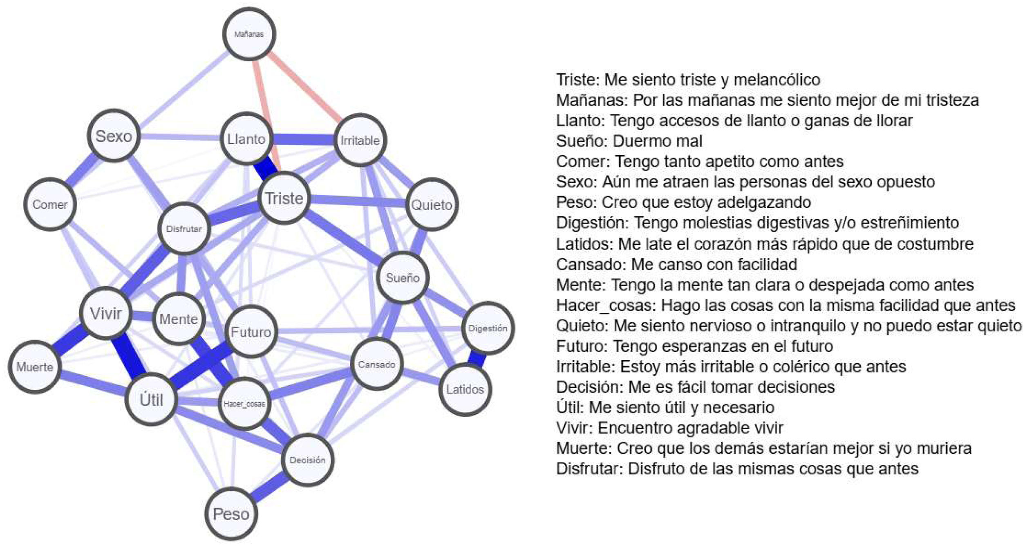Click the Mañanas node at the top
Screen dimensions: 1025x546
[x=249, y=34]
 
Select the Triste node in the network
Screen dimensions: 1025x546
[x=284, y=198]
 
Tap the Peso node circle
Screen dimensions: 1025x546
[x=231, y=514]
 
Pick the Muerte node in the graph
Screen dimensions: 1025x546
[x=35, y=367]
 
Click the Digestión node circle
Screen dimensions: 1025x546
[x=488, y=328]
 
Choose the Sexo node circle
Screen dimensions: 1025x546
[x=114, y=136]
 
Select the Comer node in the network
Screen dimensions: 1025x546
[x=50, y=204]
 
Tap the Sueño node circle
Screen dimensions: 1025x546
[x=403, y=278]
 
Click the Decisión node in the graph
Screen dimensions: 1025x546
[x=307, y=460]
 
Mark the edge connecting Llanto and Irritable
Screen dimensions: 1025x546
[x=303, y=140]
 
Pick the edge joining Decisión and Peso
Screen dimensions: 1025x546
[x=269, y=487]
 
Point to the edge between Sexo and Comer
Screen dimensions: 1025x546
[x=82, y=170]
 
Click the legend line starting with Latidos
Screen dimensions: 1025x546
[x=764, y=244]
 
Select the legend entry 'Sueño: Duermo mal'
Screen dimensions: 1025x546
[x=629, y=141]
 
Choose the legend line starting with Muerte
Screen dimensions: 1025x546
[x=763, y=449]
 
